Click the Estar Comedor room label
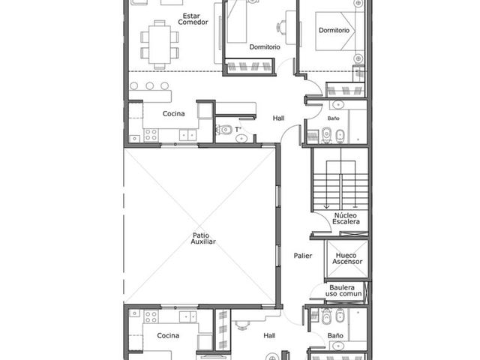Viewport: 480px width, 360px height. pos(193,19)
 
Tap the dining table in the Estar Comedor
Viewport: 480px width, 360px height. pos(160,44)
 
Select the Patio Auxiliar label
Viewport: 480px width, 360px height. pos(203,238)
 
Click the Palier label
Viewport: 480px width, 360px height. pos(303,256)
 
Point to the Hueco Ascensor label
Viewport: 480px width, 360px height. pos(347,258)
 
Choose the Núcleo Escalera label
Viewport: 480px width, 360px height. pos(346,218)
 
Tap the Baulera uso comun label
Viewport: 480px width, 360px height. pos(343,291)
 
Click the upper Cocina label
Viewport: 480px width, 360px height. pos(173,113)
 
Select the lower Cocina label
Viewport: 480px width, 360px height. pos(168,335)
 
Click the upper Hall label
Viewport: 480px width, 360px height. pos(278,118)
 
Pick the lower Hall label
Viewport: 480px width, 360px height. pos(269,336)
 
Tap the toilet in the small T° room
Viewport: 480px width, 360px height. pos(223,130)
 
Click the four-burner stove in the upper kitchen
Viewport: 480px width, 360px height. pos(151,135)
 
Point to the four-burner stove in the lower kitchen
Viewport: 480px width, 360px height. pos(151,316)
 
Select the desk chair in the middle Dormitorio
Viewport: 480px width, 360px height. pos(281,27)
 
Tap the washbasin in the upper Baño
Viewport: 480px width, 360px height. pos(338,105)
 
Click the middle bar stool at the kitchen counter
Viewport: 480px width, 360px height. pos(150,85)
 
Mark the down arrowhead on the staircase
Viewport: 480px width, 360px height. pos(327,207)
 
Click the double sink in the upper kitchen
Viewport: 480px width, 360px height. pos(188,135)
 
